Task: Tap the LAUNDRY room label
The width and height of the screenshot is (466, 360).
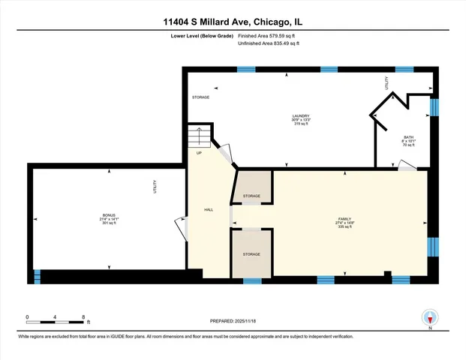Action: (x=301, y=115)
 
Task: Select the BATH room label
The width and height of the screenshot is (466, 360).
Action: (x=408, y=137)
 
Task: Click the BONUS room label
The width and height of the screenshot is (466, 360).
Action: (x=110, y=216)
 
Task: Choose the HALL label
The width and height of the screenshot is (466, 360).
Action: (x=209, y=209)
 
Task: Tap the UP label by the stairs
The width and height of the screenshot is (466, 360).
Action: (x=199, y=153)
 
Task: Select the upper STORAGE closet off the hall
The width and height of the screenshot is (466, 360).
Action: (x=251, y=187)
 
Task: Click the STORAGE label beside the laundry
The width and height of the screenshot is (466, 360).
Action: (x=200, y=97)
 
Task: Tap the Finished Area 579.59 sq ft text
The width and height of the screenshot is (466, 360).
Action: (x=269, y=34)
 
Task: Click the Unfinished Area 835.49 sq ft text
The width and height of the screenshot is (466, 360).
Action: (x=269, y=44)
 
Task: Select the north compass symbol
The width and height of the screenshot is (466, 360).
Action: (x=430, y=317)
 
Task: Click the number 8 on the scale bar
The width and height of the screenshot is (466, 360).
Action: (x=84, y=316)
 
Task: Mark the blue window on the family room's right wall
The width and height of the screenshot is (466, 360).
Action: (x=431, y=247)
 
